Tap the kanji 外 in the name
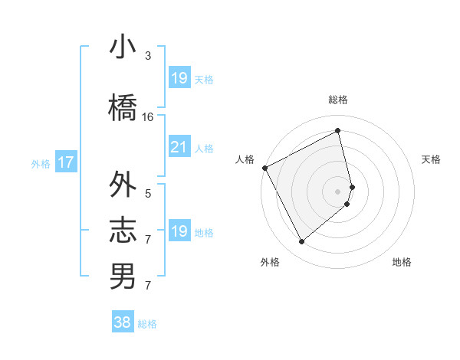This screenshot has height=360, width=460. click(x=123, y=185)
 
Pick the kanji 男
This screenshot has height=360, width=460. click(x=123, y=276)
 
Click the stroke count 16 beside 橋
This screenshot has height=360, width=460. click(x=148, y=117)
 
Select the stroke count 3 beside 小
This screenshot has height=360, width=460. click(x=148, y=56)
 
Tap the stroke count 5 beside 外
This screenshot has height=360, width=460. click(x=148, y=194)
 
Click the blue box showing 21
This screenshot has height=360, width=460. click(x=179, y=148)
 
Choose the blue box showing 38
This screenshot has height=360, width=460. click(x=122, y=323)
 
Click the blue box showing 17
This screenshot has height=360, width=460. click(x=65, y=162)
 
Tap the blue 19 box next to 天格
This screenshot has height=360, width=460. click(x=179, y=78)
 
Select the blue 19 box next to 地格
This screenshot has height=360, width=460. click(x=179, y=232)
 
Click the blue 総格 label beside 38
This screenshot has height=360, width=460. click(x=147, y=324)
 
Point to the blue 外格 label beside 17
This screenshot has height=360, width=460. click(x=41, y=163)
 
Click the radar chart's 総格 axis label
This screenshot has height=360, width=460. click(x=338, y=100)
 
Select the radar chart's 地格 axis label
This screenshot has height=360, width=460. click(x=402, y=262)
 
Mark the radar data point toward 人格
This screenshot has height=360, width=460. click(x=264, y=168)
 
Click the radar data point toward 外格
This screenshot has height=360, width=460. click(x=301, y=241)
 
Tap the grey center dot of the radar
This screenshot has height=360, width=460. click(x=338, y=191)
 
